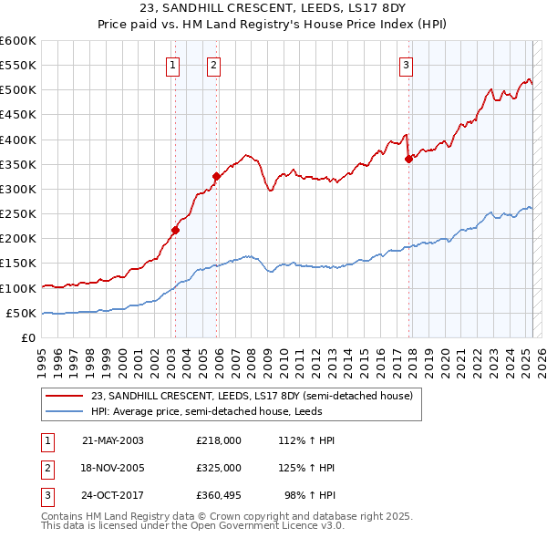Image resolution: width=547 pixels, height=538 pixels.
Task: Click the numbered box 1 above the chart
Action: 172,65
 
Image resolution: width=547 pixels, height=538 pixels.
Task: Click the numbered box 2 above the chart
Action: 212,65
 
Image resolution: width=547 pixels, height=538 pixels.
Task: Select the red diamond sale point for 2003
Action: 175,230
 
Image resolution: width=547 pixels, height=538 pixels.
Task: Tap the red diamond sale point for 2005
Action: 217,177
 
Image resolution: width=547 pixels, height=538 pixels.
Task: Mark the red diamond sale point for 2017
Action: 408,159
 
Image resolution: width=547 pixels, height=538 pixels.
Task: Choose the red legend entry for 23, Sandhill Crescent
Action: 252,396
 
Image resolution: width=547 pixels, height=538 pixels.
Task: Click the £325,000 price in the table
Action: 219,467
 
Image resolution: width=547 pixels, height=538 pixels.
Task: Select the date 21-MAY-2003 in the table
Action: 113,440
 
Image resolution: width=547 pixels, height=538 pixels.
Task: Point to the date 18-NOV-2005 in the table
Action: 113,467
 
